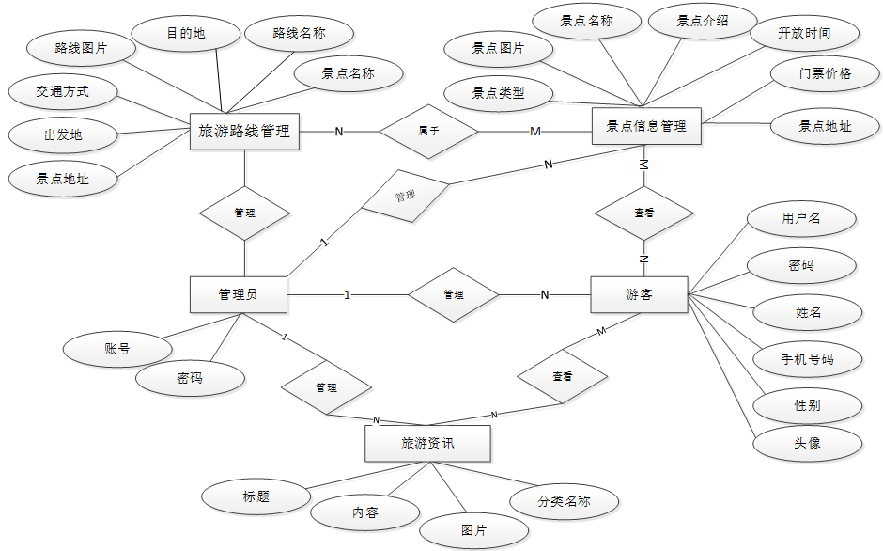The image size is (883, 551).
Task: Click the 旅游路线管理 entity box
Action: (x=244, y=132)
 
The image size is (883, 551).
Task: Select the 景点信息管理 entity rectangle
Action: (x=646, y=126)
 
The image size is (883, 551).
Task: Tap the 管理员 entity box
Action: (x=239, y=294)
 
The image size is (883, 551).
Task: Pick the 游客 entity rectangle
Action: (x=639, y=294)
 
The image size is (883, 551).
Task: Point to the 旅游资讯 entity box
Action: (x=428, y=443)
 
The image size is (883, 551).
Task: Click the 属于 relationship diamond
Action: (x=428, y=132)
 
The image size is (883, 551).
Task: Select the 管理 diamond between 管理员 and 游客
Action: (x=454, y=294)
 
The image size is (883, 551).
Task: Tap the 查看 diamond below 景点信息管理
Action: (x=644, y=213)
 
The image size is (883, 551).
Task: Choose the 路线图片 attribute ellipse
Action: (x=81, y=49)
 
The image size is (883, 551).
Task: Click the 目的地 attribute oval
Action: (x=186, y=33)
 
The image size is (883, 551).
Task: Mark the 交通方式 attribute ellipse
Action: (x=63, y=91)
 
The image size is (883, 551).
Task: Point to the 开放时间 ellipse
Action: (x=805, y=33)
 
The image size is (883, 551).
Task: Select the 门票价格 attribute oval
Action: (x=825, y=73)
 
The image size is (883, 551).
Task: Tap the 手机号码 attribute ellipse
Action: (x=808, y=358)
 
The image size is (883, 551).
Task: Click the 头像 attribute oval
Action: (x=808, y=443)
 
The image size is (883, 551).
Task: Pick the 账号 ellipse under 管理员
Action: (x=117, y=349)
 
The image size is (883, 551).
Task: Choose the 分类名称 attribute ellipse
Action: (x=564, y=501)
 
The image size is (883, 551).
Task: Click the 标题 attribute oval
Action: (x=256, y=496)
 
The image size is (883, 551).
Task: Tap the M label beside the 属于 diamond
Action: (x=535, y=132)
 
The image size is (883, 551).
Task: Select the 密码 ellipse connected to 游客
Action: (x=801, y=265)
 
